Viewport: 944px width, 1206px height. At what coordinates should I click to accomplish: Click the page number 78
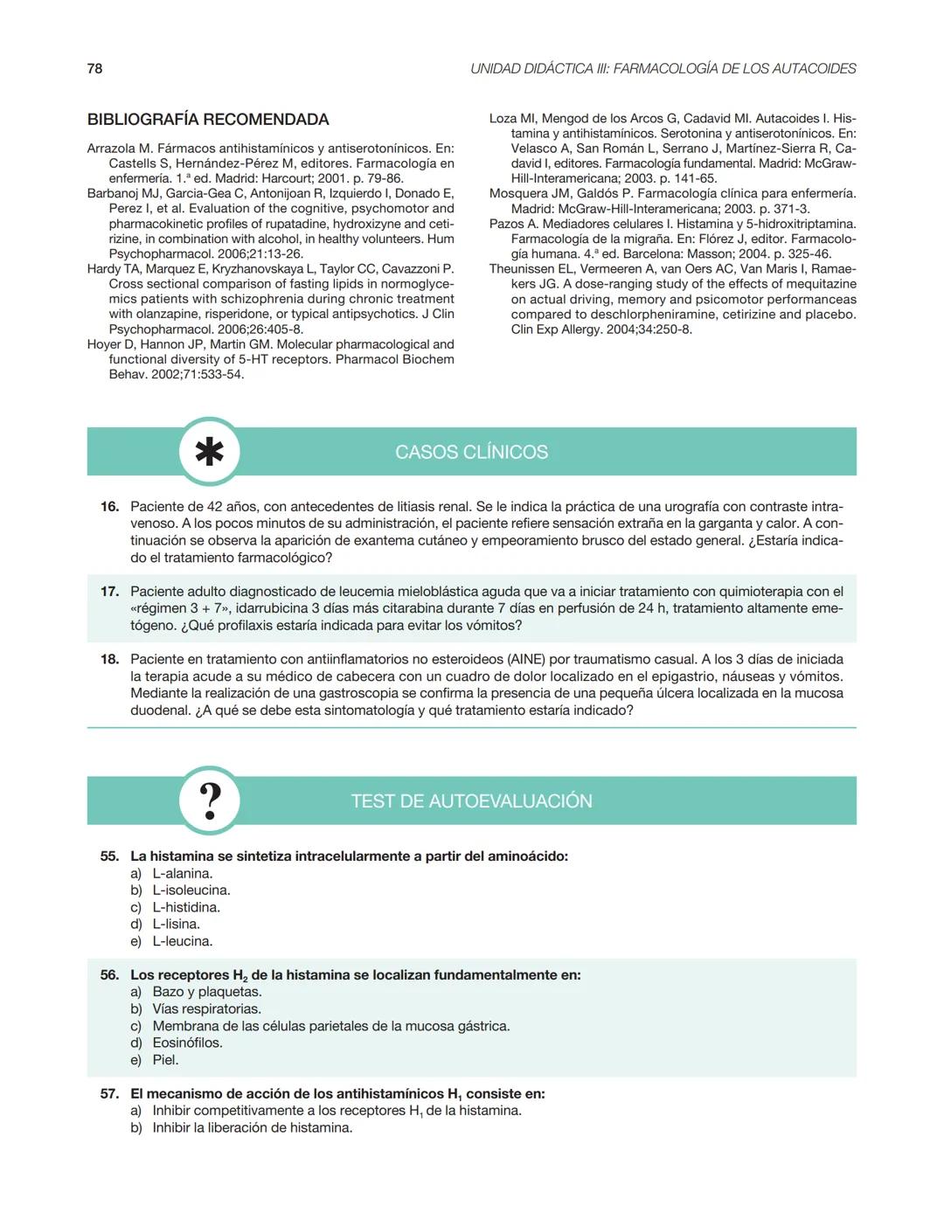tap(94, 68)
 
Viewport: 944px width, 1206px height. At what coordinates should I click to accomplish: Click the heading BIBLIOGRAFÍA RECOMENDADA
tap(208, 120)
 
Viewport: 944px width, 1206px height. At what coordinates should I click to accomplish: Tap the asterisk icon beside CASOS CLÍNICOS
tap(209, 452)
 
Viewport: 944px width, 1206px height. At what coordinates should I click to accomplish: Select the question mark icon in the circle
tap(209, 801)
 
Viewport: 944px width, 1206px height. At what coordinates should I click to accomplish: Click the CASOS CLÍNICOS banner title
tap(471, 452)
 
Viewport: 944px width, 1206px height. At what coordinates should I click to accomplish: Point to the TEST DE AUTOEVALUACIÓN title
tap(471, 801)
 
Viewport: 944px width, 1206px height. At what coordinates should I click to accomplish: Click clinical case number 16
tap(109, 507)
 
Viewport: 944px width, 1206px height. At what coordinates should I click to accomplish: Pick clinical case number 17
tap(109, 592)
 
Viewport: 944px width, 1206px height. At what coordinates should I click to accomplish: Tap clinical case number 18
tap(109, 660)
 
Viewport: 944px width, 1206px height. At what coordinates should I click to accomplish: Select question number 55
tap(109, 856)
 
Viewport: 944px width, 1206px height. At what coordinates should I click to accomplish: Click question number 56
tap(109, 975)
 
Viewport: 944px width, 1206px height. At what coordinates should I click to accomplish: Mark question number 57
tap(109, 1094)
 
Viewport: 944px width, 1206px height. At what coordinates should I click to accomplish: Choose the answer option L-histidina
tap(185, 907)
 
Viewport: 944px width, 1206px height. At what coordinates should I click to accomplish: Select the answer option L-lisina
tap(176, 925)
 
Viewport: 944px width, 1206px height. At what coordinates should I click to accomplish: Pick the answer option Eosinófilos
tap(187, 1043)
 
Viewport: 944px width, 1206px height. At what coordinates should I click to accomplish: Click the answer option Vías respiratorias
tap(206, 1009)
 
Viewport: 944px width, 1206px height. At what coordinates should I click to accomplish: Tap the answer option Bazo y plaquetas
tap(206, 992)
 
